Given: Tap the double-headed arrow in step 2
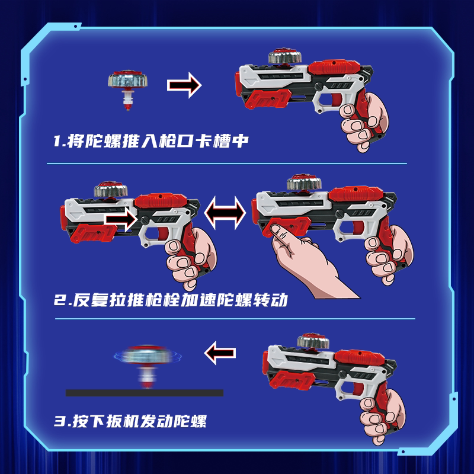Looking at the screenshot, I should pyautogui.click(x=225, y=210).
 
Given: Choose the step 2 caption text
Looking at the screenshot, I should pyautogui.click(x=172, y=300).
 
